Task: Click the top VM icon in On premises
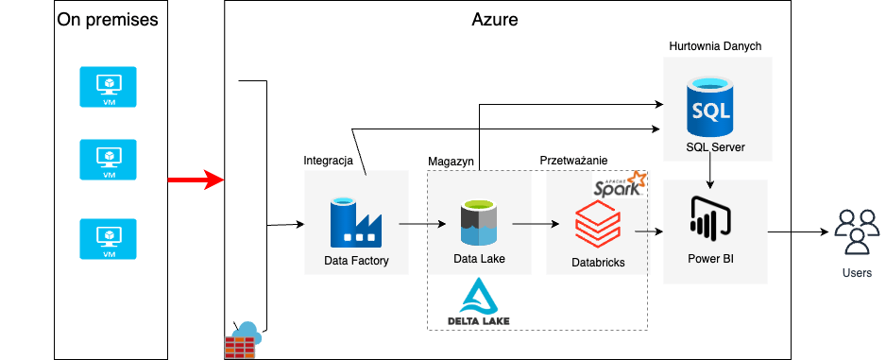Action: click(x=109, y=87)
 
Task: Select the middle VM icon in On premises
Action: click(x=109, y=160)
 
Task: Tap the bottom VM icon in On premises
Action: click(x=109, y=239)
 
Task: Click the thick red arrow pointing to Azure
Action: click(x=195, y=179)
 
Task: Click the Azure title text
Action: click(x=494, y=19)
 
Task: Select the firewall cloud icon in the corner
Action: click(x=242, y=339)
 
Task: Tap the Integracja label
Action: click(x=328, y=161)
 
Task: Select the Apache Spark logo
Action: click(x=620, y=183)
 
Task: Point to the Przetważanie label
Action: click(x=573, y=161)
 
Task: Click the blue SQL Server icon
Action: click(x=709, y=107)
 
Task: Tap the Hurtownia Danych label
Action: click(x=715, y=45)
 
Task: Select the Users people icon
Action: click(x=856, y=231)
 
